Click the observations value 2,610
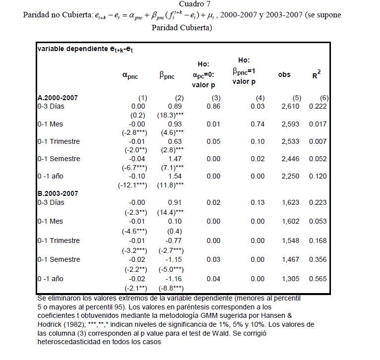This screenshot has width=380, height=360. (x=290, y=107)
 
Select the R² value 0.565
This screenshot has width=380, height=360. (x=318, y=279)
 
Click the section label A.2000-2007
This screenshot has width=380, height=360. (x=57, y=98)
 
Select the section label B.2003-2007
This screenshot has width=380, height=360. (x=57, y=193)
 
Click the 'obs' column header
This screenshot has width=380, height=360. (x=284, y=74)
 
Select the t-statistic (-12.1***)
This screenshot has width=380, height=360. (x=132, y=185)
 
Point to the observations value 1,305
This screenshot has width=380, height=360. (x=290, y=279)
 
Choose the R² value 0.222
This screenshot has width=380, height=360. (x=318, y=107)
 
